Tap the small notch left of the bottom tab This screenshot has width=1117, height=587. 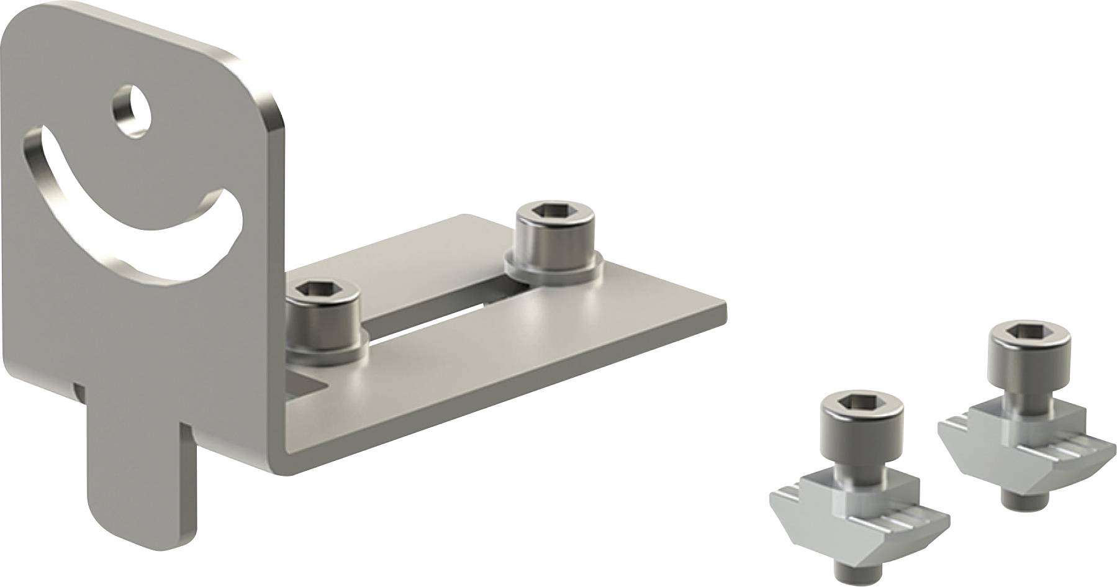(x=76, y=390)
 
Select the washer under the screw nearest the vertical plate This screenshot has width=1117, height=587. (x=326, y=355)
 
